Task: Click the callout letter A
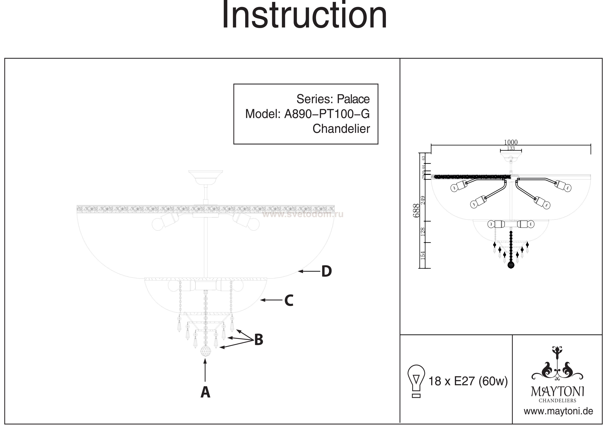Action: tap(205, 392)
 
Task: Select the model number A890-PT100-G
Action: tap(327, 114)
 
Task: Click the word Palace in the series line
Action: tap(353, 99)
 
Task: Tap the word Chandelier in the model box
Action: tap(341, 129)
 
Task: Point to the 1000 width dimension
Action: tap(510, 142)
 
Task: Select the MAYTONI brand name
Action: tap(558, 392)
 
